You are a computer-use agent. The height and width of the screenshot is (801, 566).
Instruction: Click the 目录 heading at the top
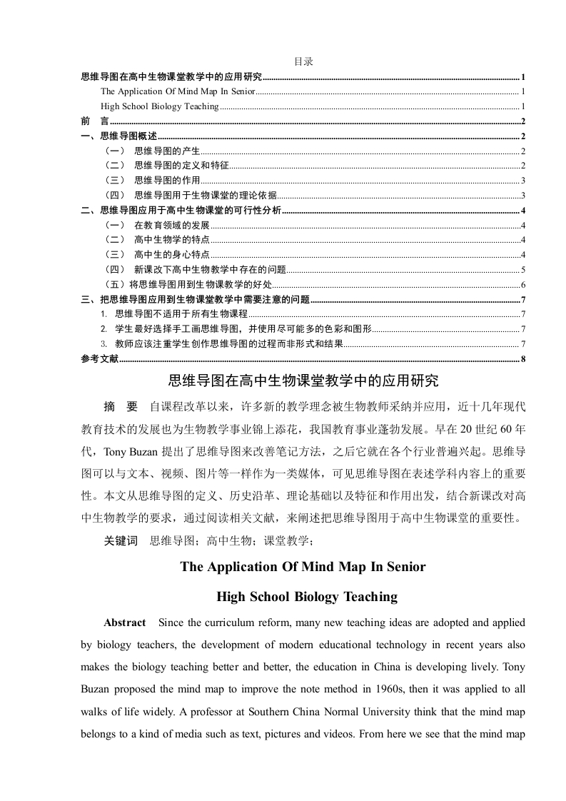(303, 62)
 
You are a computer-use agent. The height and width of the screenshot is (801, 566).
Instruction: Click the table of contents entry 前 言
(91, 121)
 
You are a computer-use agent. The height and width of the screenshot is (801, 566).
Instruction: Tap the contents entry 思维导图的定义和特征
(181, 166)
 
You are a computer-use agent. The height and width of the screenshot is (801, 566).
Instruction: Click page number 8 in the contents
(523, 358)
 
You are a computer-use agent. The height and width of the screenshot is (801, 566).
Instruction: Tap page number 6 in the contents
(523, 285)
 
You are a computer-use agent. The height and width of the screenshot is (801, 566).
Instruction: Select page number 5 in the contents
(523, 270)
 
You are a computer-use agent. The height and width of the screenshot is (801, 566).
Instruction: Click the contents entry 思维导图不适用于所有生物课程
(181, 314)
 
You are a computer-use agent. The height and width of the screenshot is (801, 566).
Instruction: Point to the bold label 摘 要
(121, 407)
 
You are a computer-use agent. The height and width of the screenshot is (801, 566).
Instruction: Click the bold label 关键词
(121, 541)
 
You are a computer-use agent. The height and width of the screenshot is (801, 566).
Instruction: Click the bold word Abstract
(125, 623)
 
